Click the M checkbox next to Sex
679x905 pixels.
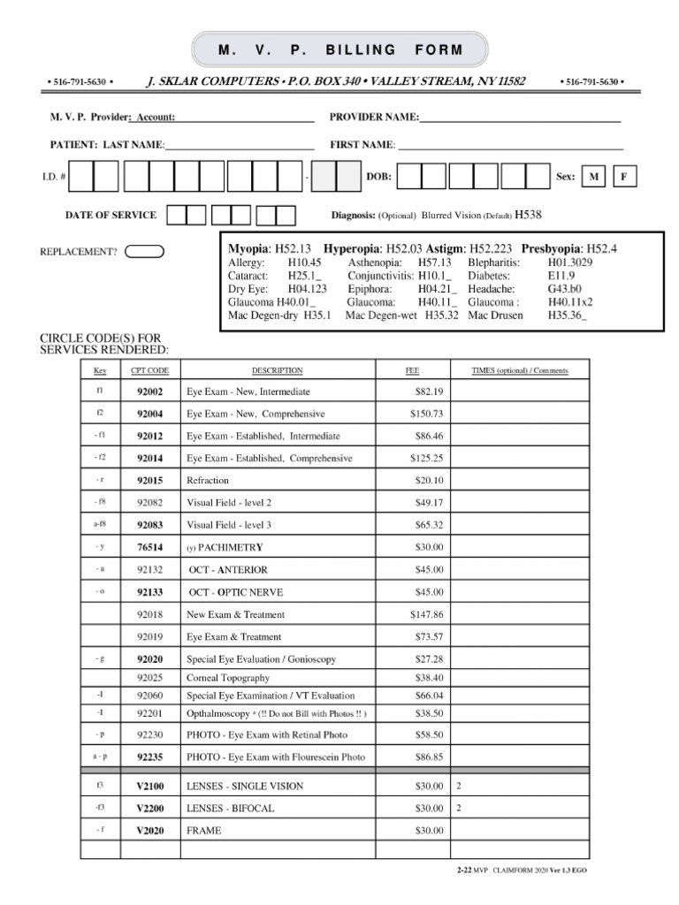(594, 178)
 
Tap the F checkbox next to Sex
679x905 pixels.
(624, 178)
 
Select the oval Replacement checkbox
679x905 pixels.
(145, 251)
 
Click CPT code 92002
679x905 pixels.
(149, 391)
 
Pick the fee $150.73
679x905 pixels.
(426, 414)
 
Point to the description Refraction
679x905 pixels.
(208, 480)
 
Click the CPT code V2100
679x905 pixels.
(149, 786)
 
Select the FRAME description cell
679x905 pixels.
(204, 831)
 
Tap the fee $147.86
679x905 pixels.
(426, 614)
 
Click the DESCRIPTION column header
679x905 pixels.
(277, 370)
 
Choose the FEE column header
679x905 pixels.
(412, 370)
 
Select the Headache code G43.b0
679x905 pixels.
(565, 289)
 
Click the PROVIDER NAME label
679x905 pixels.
(374, 118)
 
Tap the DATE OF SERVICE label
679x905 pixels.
(111, 215)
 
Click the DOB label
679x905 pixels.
(379, 178)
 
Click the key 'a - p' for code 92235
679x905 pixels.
(100, 757)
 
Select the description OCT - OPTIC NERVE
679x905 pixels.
(235, 592)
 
